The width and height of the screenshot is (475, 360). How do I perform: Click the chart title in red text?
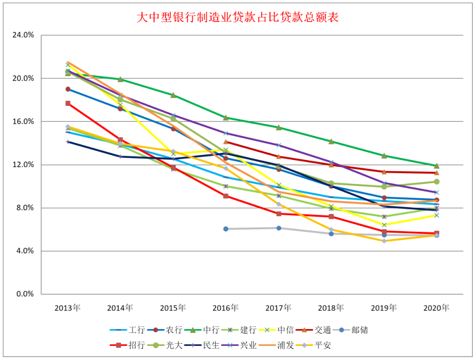click(x=237, y=18)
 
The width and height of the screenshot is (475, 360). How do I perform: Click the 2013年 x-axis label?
click(x=68, y=308)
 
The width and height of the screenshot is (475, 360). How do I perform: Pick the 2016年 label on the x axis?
click(x=226, y=308)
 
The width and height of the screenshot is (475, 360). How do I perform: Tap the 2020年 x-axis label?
click(x=436, y=308)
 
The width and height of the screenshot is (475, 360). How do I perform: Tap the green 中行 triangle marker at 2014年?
click(x=121, y=79)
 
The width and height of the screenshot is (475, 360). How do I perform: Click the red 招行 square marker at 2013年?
click(x=68, y=103)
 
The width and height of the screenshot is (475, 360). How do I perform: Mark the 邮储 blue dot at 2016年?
click(x=226, y=229)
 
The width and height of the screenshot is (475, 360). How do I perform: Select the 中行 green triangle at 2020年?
click(x=437, y=166)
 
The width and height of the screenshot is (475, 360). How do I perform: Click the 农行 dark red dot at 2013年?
click(x=68, y=89)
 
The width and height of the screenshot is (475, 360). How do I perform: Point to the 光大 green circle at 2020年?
click(x=437, y=182)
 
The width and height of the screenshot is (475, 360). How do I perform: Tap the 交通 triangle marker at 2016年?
click(x=226, y=142)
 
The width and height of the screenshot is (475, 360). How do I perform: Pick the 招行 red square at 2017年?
click(x=278, y=214)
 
